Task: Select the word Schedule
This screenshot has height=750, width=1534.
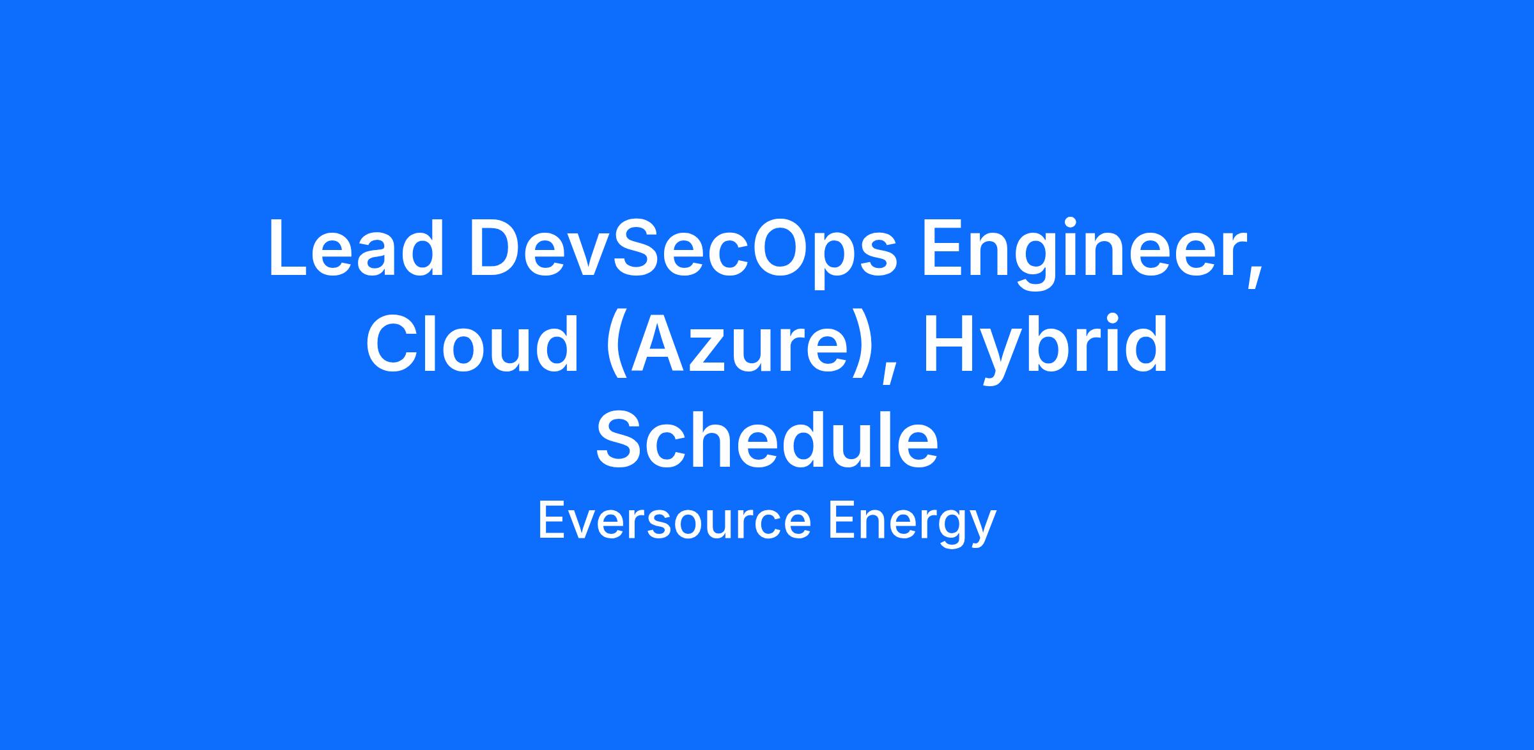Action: (x=767, y=439)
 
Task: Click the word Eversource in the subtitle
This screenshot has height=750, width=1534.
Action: (x=675, y=522)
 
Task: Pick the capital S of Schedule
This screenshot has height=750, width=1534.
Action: (x=619, y=438)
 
